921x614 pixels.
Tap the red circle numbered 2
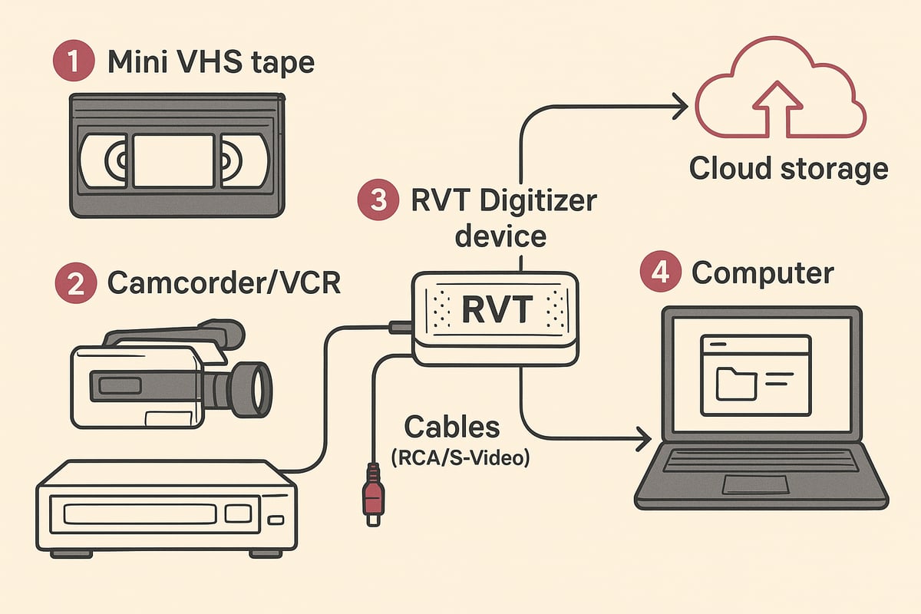coord(75,283)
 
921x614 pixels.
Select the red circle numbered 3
coord(377,202)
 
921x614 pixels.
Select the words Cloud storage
coord(788,168)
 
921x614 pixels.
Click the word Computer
coord(762,272)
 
